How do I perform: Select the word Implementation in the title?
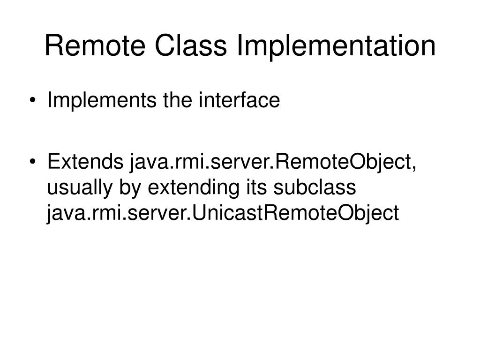point(336,45)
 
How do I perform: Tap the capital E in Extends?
point(52,163)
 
